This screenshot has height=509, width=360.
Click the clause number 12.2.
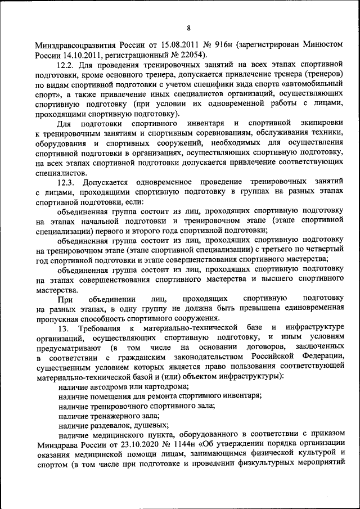[67, 65]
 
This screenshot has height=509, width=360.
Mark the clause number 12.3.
[67, 182]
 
